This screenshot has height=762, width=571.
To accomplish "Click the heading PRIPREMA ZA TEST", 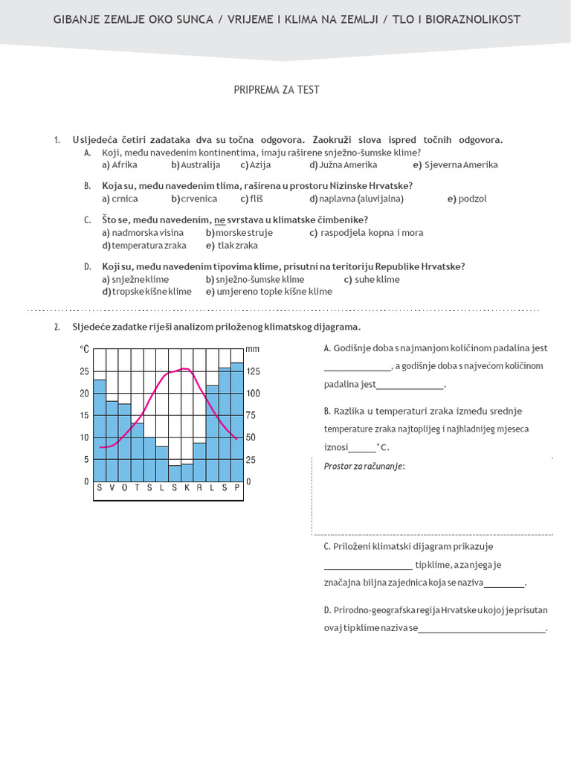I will (x=277, y=90).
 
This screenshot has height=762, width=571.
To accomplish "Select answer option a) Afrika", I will (x=120, y=164).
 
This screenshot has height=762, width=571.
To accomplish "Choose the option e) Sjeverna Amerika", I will (x=455, y=164).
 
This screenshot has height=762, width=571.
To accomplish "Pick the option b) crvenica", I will (x=194, y=199).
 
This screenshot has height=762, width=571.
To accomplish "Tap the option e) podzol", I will (x=467, y=199).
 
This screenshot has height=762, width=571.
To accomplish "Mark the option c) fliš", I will (x=252, y=199).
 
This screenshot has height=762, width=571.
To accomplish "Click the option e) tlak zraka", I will (x=232, y=245).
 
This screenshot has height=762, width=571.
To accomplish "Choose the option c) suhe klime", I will (x=372, y=279).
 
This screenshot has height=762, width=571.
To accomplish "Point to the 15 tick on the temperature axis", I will (x=84, y=415).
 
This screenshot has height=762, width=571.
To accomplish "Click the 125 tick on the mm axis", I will (x=253, y=371).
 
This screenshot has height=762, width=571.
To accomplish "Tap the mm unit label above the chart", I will (x=252, y=348).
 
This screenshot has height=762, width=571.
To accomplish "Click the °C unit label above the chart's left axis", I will (x=85, y=348).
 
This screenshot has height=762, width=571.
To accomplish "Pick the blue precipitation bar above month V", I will (x=112, y=443).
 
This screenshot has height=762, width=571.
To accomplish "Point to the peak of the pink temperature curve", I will (x=185, y=368).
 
